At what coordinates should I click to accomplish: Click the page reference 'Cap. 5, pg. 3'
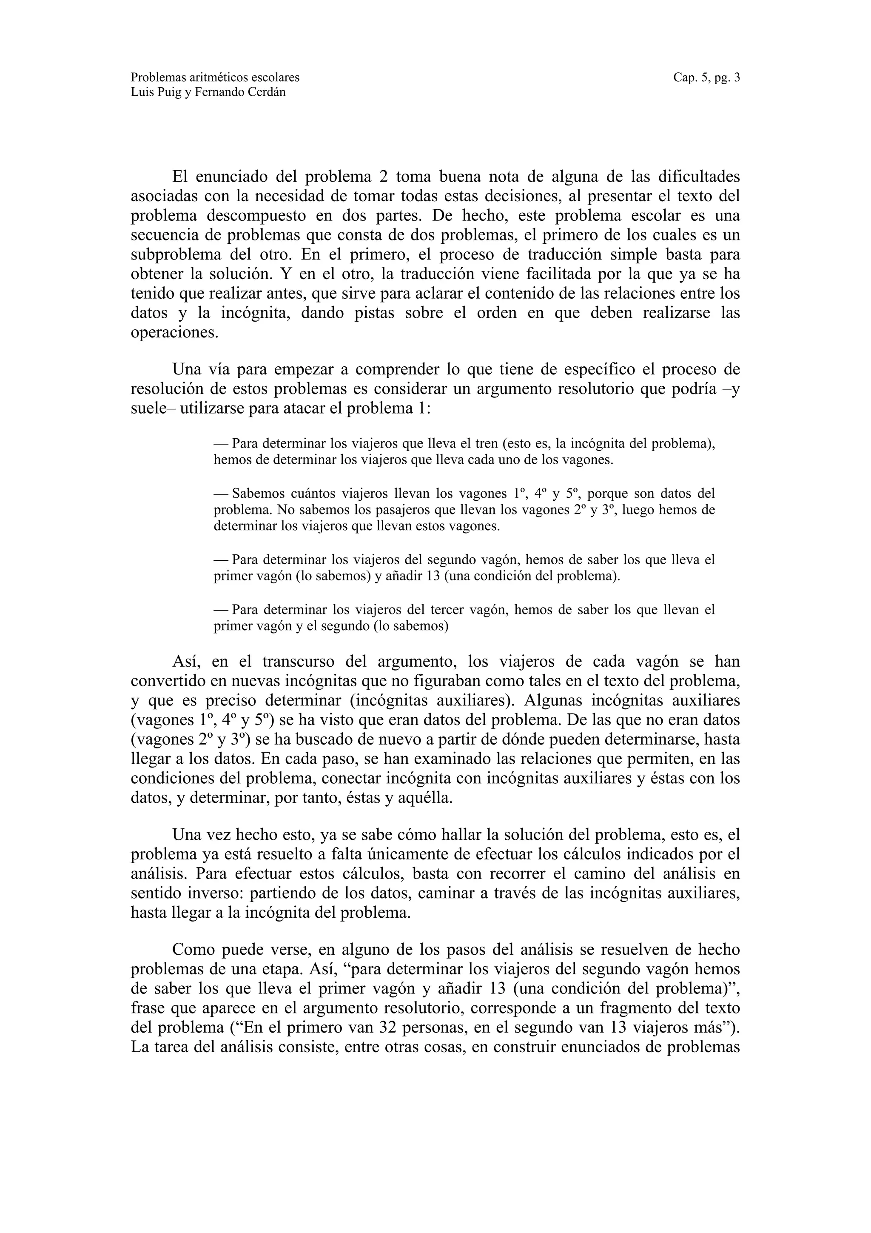click(x=706, y=77)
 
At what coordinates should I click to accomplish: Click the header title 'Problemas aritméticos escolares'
click(x=215, y=77)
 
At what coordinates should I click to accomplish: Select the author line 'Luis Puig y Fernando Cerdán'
click(x=208, y=92)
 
